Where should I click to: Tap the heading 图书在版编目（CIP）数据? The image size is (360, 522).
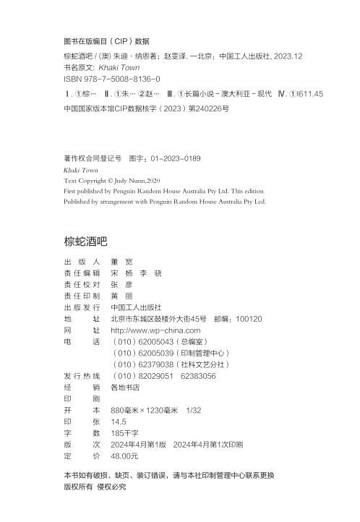pyautogui.click(x=102, y=41)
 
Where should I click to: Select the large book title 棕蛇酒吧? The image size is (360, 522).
pyautogui.click(x=85, y=240)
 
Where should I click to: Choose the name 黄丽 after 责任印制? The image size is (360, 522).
pyautogui.click(x=121, y=296)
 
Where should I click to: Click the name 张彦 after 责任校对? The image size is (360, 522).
pyautogui.click(x=121, y=284)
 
